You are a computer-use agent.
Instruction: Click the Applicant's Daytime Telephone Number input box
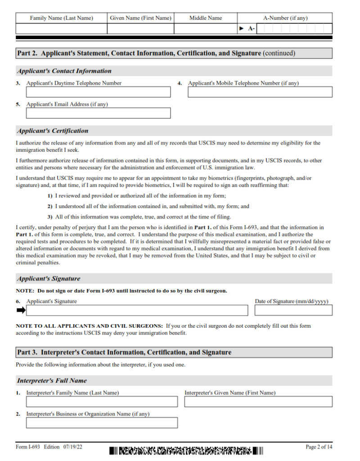[x=98, y=92]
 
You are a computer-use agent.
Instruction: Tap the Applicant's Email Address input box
[x=98, y=113]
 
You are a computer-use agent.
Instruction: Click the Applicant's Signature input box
[x=137, y=310]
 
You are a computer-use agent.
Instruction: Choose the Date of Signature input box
[x=293, y=310]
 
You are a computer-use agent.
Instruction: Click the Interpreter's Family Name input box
[x=102, y=402]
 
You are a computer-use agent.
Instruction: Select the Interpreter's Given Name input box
[x=258, y=402]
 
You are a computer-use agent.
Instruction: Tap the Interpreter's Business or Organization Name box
[x=102, y=423]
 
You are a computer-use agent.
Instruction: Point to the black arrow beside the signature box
[x=21, y=310]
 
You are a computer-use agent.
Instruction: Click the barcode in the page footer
[x=185, y=450]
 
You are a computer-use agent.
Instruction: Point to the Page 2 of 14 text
[x=319, y=447]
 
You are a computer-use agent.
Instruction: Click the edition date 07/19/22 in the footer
[x=72, y=447]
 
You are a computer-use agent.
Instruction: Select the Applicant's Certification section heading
[x=53, y=131]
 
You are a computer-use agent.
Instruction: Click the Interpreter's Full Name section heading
[x=52, y=381]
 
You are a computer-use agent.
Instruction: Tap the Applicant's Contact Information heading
[x=64, y=71]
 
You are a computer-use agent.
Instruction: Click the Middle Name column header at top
[x=205, y=18]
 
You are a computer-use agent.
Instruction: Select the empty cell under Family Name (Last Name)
[x=61, y=29]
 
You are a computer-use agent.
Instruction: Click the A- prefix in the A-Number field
[x=251, y=29]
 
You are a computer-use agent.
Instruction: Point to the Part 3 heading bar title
[x=124, y=353]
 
